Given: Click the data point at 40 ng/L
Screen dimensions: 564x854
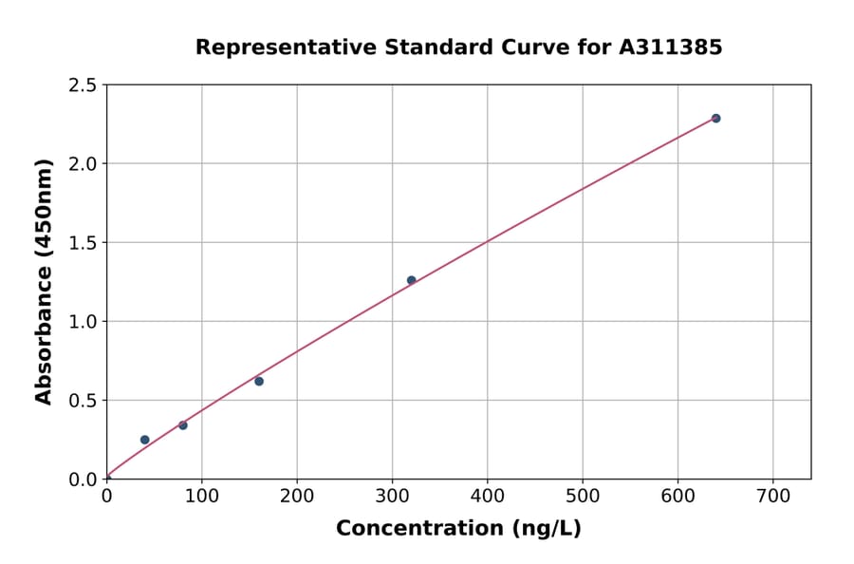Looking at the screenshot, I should (x=144, y=440).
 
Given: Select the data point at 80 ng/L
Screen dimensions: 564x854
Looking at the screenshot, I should (x=183, y=425).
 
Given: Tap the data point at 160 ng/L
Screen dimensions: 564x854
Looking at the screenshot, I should (x=259, y=381).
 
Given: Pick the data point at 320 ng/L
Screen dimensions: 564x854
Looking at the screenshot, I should (x=411, y=280).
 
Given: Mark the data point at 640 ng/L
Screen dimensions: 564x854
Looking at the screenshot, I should (x=715, y=119).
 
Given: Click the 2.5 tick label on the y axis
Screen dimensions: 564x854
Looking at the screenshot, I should (x=82, y=85).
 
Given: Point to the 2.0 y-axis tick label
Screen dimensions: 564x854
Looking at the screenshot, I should (x=82, y=164).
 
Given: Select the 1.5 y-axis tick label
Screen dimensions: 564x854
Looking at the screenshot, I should (x=82, y=243).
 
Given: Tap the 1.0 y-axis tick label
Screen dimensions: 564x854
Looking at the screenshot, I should (x=82, y=322).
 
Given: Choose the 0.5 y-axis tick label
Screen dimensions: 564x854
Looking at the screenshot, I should (x=82, y=401).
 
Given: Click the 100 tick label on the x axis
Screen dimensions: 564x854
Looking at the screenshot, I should (x=201, y=496).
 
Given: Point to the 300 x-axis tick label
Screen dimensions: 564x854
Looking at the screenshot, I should (x=392, y=496).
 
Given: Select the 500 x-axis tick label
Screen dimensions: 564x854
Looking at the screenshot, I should (x=583, y=496).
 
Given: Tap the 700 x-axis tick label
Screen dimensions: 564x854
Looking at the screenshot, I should (x=772, y=496).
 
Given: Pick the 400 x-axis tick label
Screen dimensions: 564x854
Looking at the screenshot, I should (x=487, y=496).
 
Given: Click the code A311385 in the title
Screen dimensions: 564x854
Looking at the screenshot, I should (x=670, y=47).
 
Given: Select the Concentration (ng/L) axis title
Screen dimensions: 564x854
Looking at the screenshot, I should (x=458, y=529).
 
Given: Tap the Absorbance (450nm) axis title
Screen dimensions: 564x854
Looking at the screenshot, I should (x=44, y=281).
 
